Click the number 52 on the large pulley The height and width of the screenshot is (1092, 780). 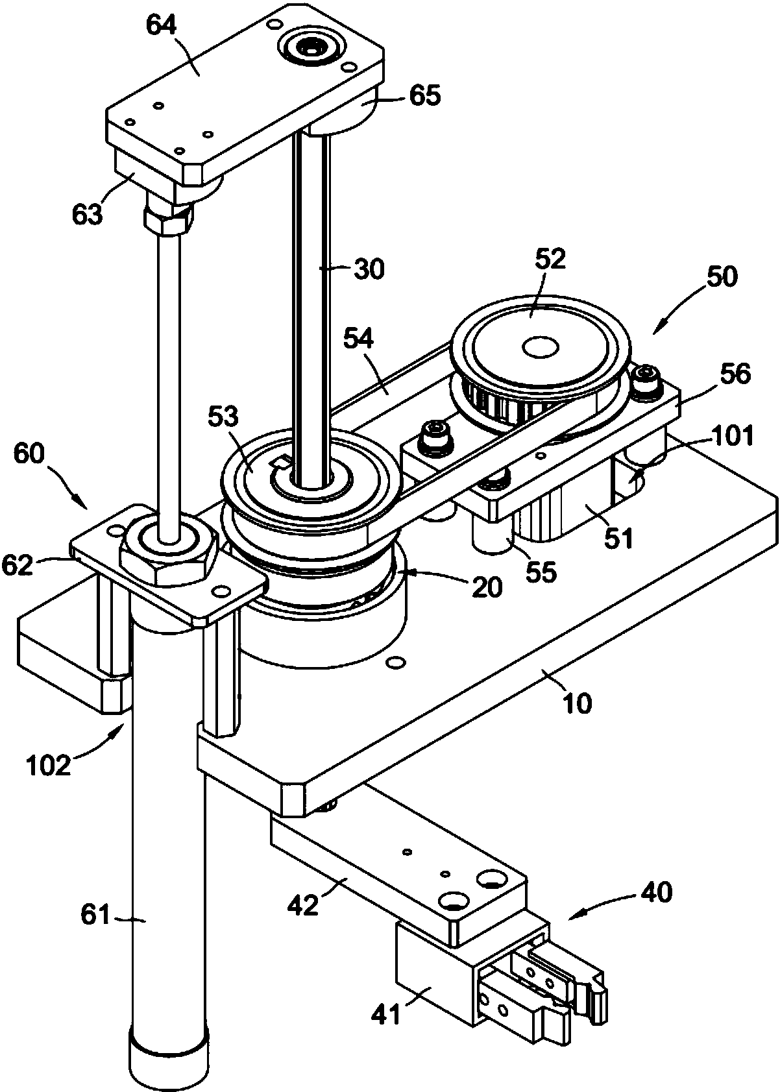pyautogui.click(x=550, y=259)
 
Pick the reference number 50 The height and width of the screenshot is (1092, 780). pyautogui.click(x=721, y=277)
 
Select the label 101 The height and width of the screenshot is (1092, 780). pyautogui.click(x=733, y=436)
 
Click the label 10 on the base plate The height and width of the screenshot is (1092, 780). pyautogui.click(x=576, y=701)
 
